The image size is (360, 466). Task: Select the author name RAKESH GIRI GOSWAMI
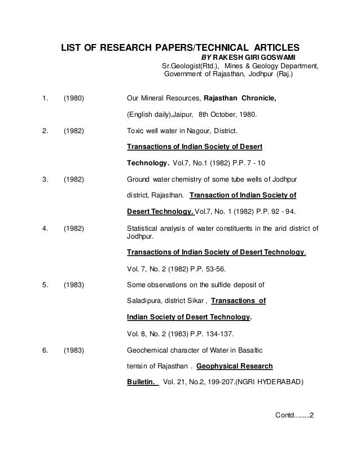click(x=260, y=57)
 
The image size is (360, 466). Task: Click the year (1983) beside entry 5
click(x=74, y=284)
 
